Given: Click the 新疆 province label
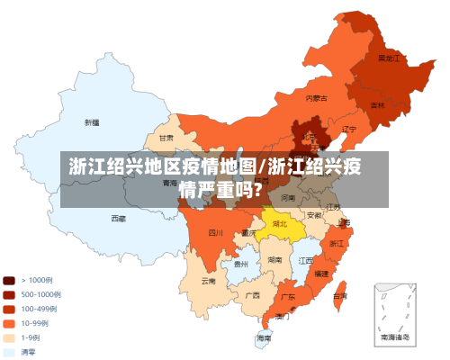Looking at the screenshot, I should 92,121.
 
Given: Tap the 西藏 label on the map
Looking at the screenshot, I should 118,218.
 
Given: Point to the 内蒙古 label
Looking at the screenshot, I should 315,97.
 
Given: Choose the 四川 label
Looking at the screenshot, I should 215,232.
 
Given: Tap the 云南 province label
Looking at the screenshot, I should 209,281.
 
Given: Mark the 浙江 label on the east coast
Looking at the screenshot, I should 337,243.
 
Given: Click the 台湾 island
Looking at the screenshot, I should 339,294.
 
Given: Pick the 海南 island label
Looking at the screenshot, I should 263,337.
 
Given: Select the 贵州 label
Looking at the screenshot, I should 240,265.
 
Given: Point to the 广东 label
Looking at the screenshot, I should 288,295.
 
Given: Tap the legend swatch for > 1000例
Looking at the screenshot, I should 9,280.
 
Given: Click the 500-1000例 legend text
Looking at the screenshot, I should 41,294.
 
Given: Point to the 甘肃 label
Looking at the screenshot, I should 166,139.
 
